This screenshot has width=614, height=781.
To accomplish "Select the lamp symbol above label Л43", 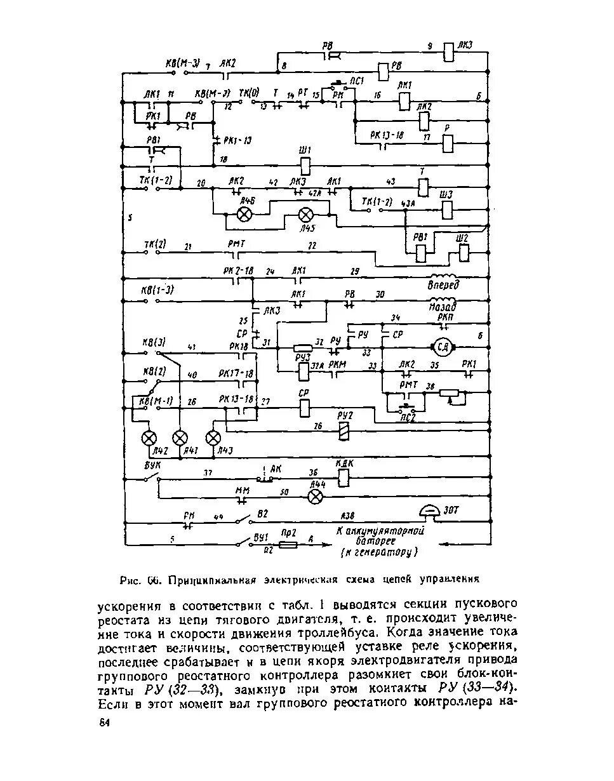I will [x=213, y=437].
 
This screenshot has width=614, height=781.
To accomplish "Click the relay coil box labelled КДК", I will [x=343, y=479].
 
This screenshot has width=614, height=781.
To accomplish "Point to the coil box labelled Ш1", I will [x=305, y=165].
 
